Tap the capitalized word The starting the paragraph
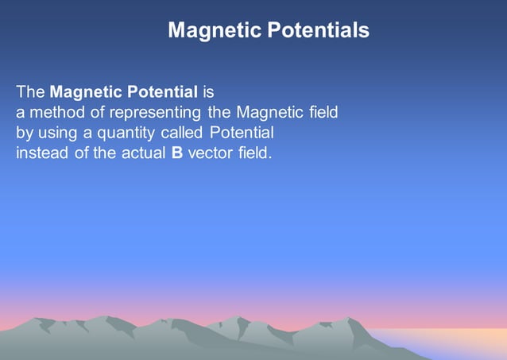click(x=31, y=92)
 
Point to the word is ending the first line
click(x=208, y=92)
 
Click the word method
click(x=55, y=113)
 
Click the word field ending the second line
click(x=323, y=113)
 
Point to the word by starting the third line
click(x=25, y=133)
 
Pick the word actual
click(x=144, y=153)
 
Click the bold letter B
click(x=176, y=153)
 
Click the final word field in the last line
click(x=255, y=153)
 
